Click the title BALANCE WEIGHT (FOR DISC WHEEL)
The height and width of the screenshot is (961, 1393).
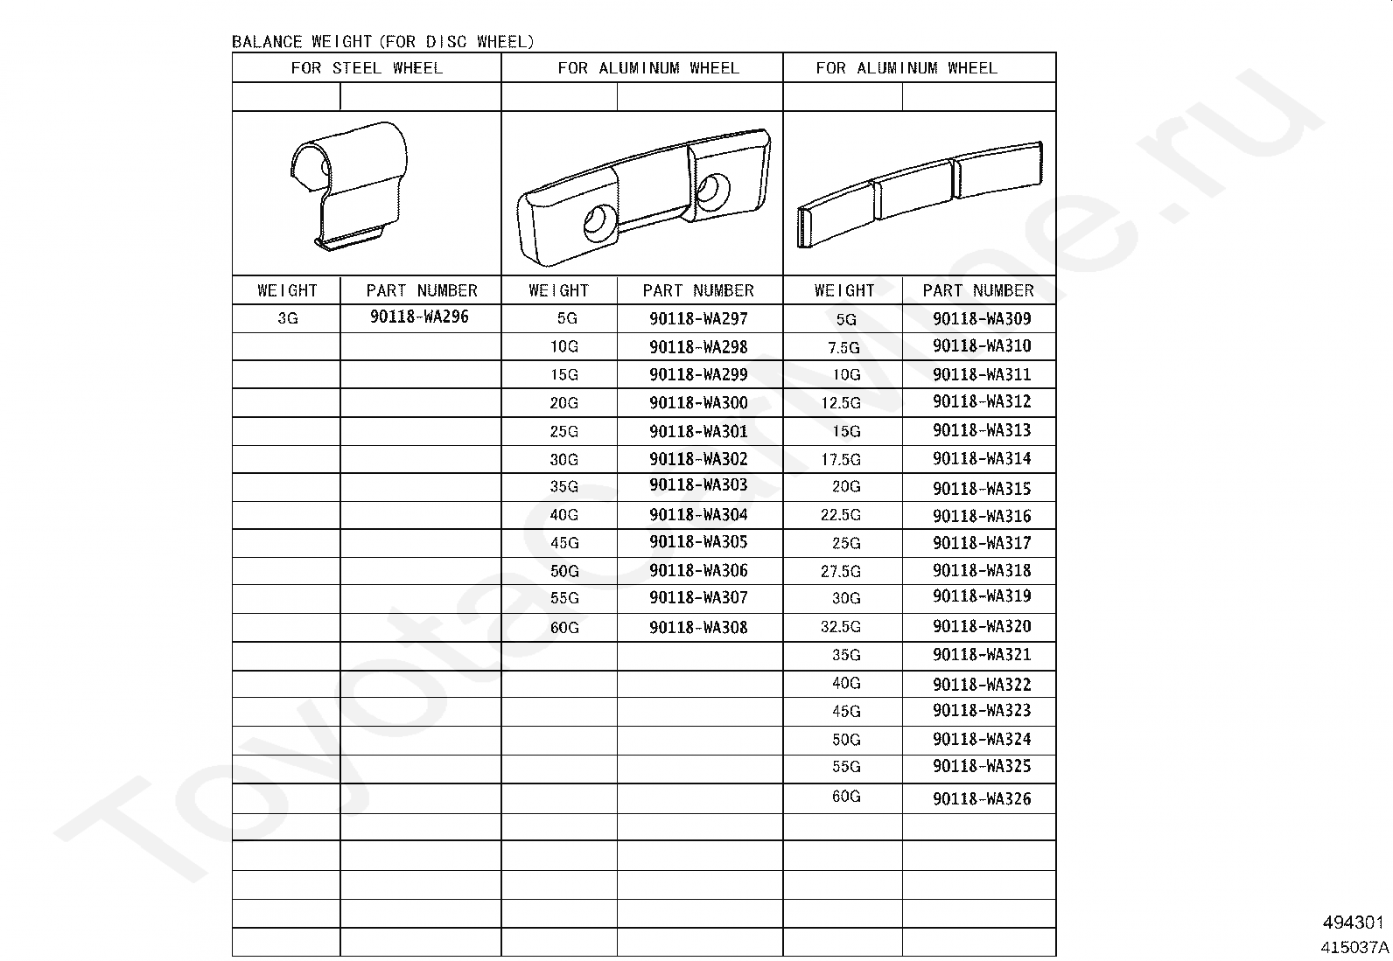click(x=382, y=42)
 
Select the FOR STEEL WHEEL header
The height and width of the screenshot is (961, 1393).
click(x=367, y=68)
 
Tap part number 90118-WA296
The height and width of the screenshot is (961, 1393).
click(x=419, y=317)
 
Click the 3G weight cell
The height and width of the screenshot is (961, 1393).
click(x=287, y=318)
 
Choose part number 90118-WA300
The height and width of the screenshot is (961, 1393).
click(x=698, y=402)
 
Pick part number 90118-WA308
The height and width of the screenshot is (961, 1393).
click(x=698, y=627)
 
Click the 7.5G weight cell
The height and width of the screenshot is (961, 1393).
click(x=843, y=347)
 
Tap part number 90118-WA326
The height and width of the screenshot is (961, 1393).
click(x=982, y=798)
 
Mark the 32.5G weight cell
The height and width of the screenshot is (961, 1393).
click(x=840, y=627)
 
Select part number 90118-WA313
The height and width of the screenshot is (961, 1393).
click(x=982, y=430)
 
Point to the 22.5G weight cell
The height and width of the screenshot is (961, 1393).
click(x=840, y=515)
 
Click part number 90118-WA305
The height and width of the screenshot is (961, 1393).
click(x=698, y=542)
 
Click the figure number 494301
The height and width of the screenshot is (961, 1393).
click(x=1353, y=923)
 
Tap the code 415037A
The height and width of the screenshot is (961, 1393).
click(x=1354, y=946)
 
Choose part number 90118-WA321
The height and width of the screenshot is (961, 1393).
click(x=982, y=655)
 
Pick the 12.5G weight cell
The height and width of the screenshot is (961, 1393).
click(x=840, y=403)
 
